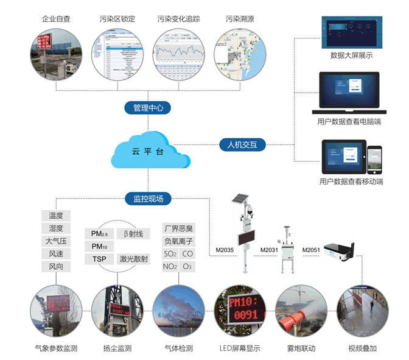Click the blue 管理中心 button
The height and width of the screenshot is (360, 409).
[x=148, y=108]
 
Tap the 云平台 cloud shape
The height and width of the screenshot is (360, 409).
[x=148, y=151]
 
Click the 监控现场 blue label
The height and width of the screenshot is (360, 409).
[x=148, y=198]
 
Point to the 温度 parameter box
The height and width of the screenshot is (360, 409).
[x=56, y=216]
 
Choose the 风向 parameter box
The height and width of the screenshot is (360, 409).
[x=56, y=266]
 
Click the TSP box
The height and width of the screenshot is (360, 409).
[x=99, y=259]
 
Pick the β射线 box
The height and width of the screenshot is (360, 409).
[x=133, y=234]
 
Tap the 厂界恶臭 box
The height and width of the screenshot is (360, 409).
[x=178, y=228]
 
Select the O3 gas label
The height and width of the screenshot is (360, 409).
[x=187, y=266]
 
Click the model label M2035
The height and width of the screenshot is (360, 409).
[x=225, y=250]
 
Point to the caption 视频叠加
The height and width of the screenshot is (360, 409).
[x=362, y=349]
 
